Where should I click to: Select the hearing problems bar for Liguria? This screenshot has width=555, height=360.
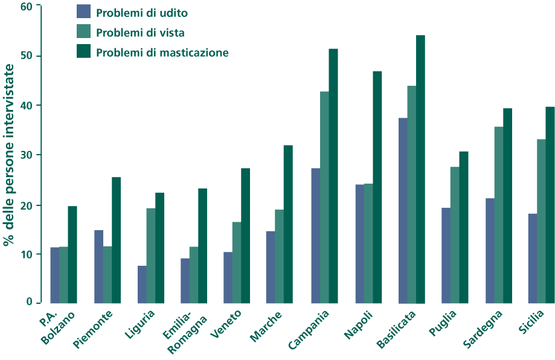142,284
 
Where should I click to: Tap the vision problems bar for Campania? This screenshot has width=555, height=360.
324,197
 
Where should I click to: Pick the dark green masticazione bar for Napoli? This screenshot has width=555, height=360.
377,187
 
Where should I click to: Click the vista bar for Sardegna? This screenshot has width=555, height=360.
499,214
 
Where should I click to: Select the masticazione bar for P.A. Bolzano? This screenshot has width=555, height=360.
72,254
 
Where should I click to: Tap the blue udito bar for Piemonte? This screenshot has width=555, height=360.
98,266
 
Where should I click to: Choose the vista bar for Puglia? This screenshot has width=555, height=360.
455,235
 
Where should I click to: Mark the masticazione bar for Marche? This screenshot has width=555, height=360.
288,224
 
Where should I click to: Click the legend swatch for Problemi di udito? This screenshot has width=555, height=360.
83,11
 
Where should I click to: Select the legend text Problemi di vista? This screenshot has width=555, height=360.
140,32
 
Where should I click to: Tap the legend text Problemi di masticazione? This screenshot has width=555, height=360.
162,53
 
